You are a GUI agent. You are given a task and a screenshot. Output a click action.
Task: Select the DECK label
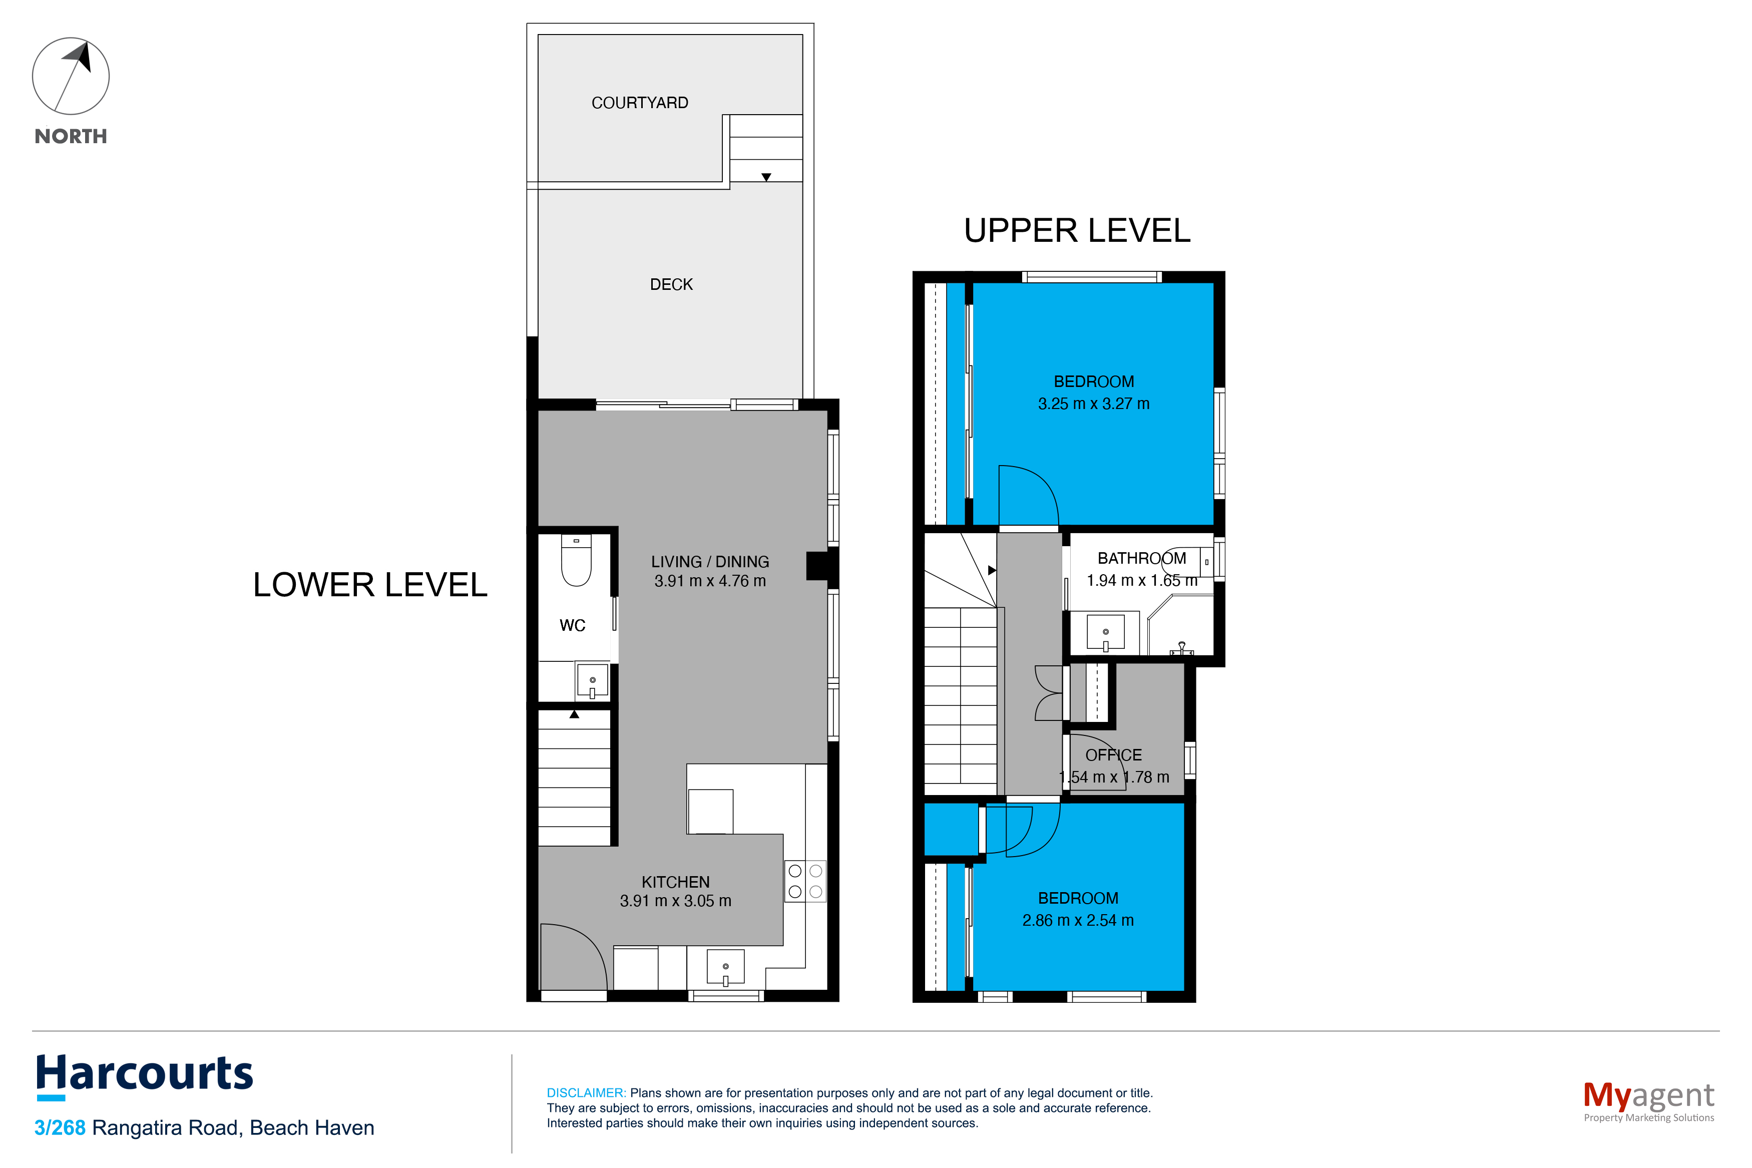pyautogui.click(x=671, y=284)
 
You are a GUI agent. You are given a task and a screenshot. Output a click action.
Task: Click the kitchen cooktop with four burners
pyautogui.click(x=805, y=881)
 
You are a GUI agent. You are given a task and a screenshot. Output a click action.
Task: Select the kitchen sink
pyautogui.click(x=725, y=967)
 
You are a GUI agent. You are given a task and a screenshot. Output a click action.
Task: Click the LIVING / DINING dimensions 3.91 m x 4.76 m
pyautogui.click(x=710, y=581)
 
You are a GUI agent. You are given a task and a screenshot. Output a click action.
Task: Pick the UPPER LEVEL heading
pyautogui.click(x=1077, y=231)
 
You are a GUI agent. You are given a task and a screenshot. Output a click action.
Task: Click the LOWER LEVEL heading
pyautogui.click(x=370, y=585)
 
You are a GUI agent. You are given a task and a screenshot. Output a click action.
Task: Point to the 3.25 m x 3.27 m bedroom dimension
pyautogui.click(x=1093, y=404)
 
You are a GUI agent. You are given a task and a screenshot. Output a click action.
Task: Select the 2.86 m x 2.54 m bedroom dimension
pyautogui.click(x=1077, y=921)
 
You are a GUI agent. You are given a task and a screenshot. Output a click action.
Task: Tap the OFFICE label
pyautogui.click(x=1113, y=755)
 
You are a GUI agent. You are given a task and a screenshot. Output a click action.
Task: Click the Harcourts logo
pyautogui.click(x=145, y=1076)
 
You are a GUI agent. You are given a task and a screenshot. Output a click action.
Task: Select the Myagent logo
pyautogui.click(x=1648, y=1100)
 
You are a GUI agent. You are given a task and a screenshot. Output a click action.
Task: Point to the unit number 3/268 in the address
pyautogui.click(x=60, y=1128)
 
